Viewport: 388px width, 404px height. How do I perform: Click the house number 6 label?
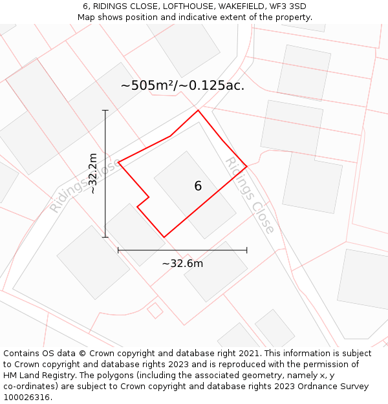click(198, 186)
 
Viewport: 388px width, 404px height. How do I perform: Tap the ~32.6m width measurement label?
click(182, 263)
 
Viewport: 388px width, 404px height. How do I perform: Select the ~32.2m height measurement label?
click(93, 173)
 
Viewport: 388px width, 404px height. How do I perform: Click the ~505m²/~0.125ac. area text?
click(182, 85)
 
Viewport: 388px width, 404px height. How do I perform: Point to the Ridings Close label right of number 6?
click(250, 195)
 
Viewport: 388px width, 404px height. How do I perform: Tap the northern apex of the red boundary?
click(198, 111)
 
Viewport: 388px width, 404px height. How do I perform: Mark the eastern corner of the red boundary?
click(247, 166)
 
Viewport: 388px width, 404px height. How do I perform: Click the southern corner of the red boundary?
click(164, 237)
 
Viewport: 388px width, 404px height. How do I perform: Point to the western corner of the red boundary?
click(118, 162)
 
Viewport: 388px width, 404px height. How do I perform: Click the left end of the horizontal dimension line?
click(118, 250)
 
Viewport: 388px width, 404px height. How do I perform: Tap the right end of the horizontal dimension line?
click(247, 250)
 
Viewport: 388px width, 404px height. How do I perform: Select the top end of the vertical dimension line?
click(105, 111)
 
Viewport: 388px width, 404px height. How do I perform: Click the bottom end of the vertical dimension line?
click(105, 237)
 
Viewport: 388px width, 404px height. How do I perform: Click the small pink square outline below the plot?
click(155, 311)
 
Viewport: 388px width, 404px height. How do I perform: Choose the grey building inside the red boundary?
click(194, 194)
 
